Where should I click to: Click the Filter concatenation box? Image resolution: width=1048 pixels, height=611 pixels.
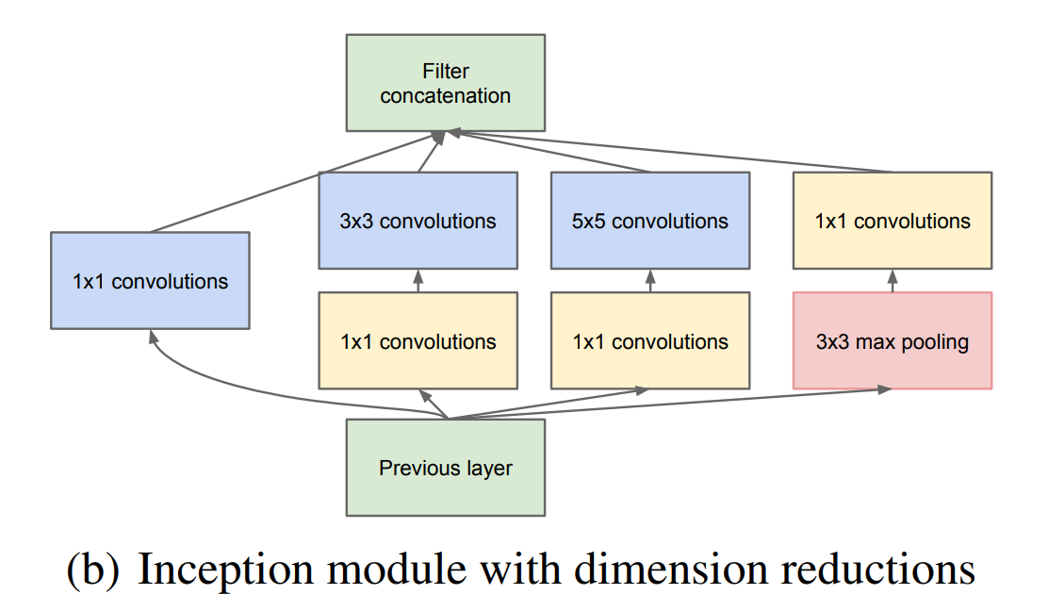tap(446, 83)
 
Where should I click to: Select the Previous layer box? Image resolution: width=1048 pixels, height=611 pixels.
tap(446, 468)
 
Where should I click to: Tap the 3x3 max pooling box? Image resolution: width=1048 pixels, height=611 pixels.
tap(892, 340)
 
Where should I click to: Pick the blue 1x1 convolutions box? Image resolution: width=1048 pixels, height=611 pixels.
tap(150, 280)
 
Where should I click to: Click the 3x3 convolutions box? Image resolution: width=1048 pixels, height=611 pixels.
tap(418, 221)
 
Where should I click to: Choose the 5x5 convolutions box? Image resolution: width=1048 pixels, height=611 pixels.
tap(650, 221)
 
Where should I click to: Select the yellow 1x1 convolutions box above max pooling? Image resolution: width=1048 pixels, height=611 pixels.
tap(892, 221)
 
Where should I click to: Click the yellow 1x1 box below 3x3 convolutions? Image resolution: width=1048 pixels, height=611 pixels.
tap(418, 340)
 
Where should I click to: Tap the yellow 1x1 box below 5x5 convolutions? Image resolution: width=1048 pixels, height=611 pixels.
tap(650, 340)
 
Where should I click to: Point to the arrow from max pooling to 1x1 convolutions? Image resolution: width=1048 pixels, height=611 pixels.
tap(892, 280)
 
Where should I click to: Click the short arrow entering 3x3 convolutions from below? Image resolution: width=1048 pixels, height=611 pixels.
tap(418, 280)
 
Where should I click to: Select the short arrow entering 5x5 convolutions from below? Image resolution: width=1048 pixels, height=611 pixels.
tap(650, 280)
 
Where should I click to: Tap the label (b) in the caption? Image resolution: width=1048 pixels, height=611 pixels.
tap(93, 571)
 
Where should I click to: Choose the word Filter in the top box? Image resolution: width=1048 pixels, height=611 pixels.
tap(446, 71)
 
